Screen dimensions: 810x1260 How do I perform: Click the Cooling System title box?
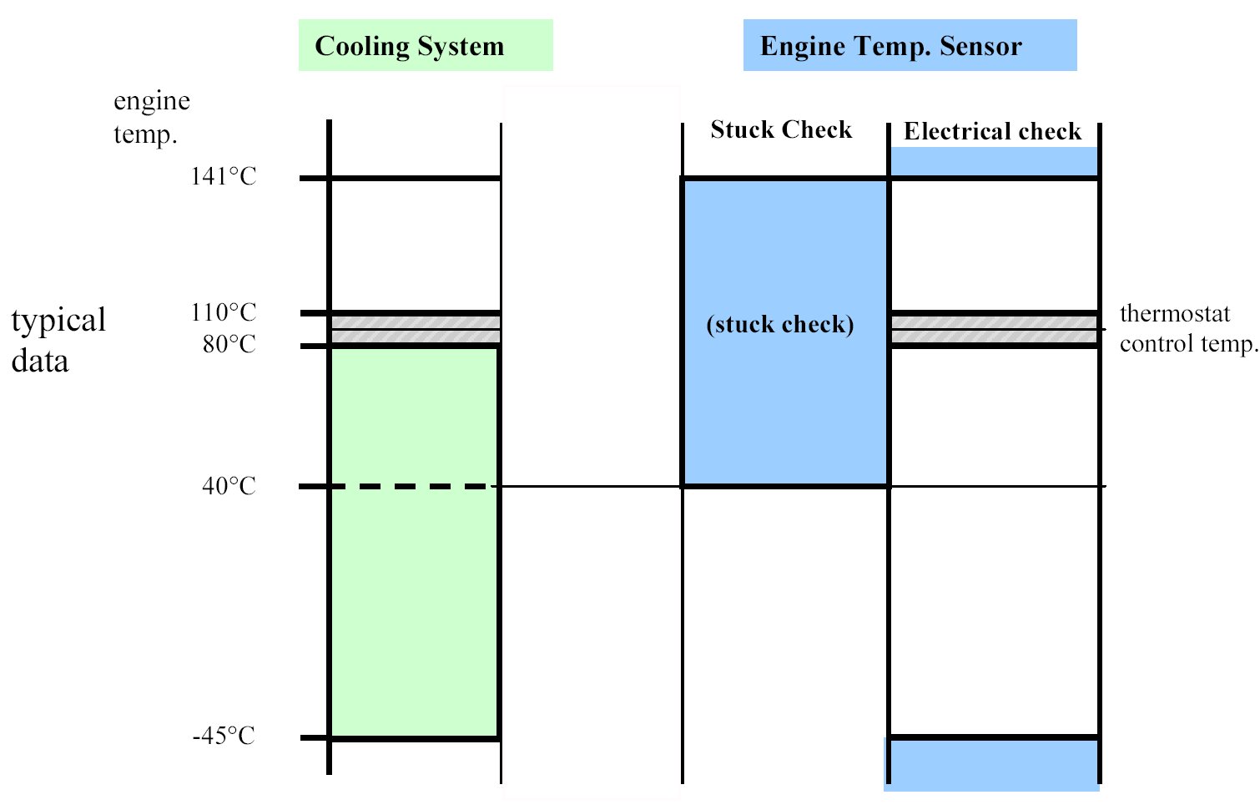[426, 45]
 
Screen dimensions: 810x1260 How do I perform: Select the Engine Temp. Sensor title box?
[910, 45]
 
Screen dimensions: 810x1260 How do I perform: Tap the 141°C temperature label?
[224, 176]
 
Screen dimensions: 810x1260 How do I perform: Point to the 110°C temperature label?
[224, 312]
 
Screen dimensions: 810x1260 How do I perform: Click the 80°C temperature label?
[229, 344]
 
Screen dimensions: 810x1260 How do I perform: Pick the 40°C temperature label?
[229, 486]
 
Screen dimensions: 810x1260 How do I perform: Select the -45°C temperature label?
[224, 737]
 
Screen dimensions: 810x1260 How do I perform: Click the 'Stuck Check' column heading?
[781, 130]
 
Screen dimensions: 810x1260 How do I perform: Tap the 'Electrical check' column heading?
[992, 132]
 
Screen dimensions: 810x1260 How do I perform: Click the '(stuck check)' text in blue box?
[780, 324]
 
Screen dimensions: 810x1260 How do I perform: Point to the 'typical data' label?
[58, 340]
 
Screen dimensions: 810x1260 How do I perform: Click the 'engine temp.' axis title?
[151, 117]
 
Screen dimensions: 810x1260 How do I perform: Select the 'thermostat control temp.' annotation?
[1187, 328]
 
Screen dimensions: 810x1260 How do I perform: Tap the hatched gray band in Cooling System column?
[416, 329]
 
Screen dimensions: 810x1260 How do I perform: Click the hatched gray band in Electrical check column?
[994, 329]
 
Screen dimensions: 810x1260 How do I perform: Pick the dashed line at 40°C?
[409, 486]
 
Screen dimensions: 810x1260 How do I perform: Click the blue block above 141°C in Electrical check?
[994, 161]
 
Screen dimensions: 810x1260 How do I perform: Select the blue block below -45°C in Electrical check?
[993, 765]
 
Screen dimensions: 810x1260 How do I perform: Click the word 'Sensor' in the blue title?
[980, 46]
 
